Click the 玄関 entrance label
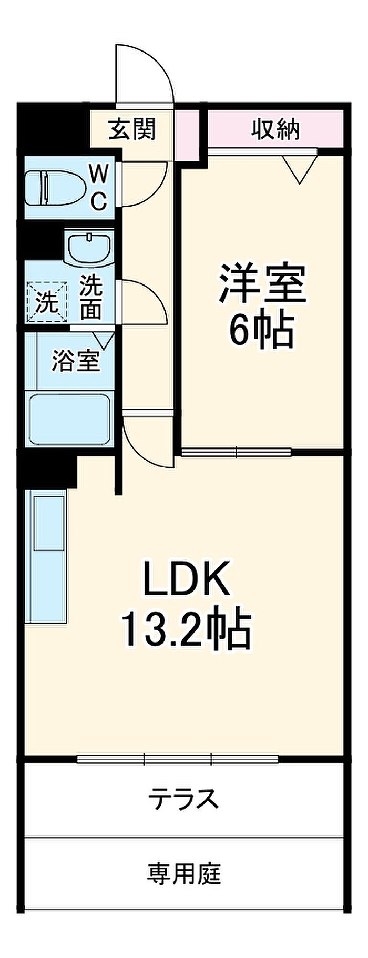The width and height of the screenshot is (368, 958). point(132,129)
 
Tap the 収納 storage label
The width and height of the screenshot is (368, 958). point(275,129)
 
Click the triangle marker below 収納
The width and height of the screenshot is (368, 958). point(300,169)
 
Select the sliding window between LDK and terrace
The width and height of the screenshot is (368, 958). point(178,759)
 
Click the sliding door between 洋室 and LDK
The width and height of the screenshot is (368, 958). point(237,452)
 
